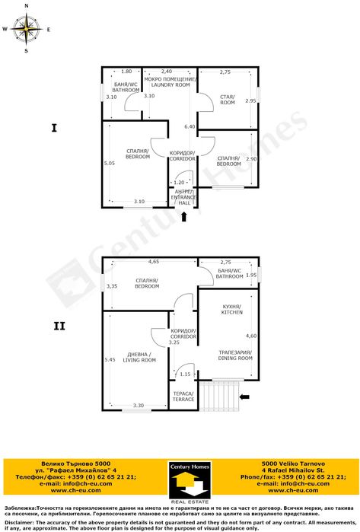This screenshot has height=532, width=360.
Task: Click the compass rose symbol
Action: point(27,30)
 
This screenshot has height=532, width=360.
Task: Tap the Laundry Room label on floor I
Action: point(170,82)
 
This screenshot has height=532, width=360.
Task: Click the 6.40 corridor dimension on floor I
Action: point(190,126)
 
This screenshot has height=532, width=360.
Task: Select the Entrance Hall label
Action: point(183,198)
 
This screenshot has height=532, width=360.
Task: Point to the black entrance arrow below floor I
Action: point(183,218)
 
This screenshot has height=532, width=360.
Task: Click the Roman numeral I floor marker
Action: point(55,128)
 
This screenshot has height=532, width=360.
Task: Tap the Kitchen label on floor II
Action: point(231,310)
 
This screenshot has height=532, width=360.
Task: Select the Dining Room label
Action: point(235,355)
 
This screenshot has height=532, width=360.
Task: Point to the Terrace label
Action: point(183,397)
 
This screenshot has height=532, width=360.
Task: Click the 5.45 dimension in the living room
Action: point(110,360)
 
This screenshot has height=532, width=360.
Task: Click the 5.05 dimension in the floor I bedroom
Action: point(110,163)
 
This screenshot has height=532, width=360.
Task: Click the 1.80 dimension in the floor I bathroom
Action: point(127,71)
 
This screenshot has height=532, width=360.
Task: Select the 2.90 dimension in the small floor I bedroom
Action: point(252,159)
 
